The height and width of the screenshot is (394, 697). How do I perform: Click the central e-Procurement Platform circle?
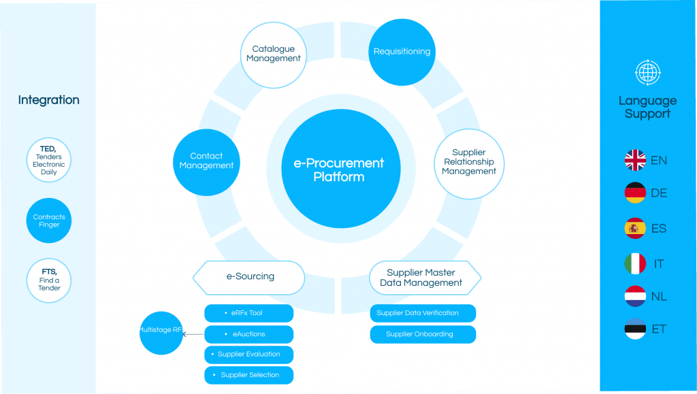pos(338,170)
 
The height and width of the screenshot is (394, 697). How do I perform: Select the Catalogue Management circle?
pos(273,54)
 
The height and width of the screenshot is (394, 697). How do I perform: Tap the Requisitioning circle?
pos(402,51)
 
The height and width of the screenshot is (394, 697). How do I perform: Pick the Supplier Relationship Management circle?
pos(469,163)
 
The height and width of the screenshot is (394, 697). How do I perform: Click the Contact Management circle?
pos(206,161)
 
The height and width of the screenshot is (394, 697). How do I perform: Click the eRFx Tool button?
pos(248,313)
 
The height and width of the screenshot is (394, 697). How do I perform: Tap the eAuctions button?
pos(248,334)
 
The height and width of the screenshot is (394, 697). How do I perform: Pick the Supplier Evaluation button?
pos(248,355)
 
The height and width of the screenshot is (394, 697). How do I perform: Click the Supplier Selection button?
pos(248,375)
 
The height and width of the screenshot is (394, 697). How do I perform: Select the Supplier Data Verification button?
pos(422,313)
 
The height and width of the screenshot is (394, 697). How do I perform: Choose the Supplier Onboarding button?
pos(422,334)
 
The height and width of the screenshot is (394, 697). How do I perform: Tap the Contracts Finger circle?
pos(49,220)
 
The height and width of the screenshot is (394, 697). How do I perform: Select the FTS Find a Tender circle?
pos(49,280)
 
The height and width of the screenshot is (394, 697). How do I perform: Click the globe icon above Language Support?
pos(647,72)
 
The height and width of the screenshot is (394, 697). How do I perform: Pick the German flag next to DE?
pos(635,193)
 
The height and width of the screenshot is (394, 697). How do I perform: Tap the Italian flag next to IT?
pos(635,263)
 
